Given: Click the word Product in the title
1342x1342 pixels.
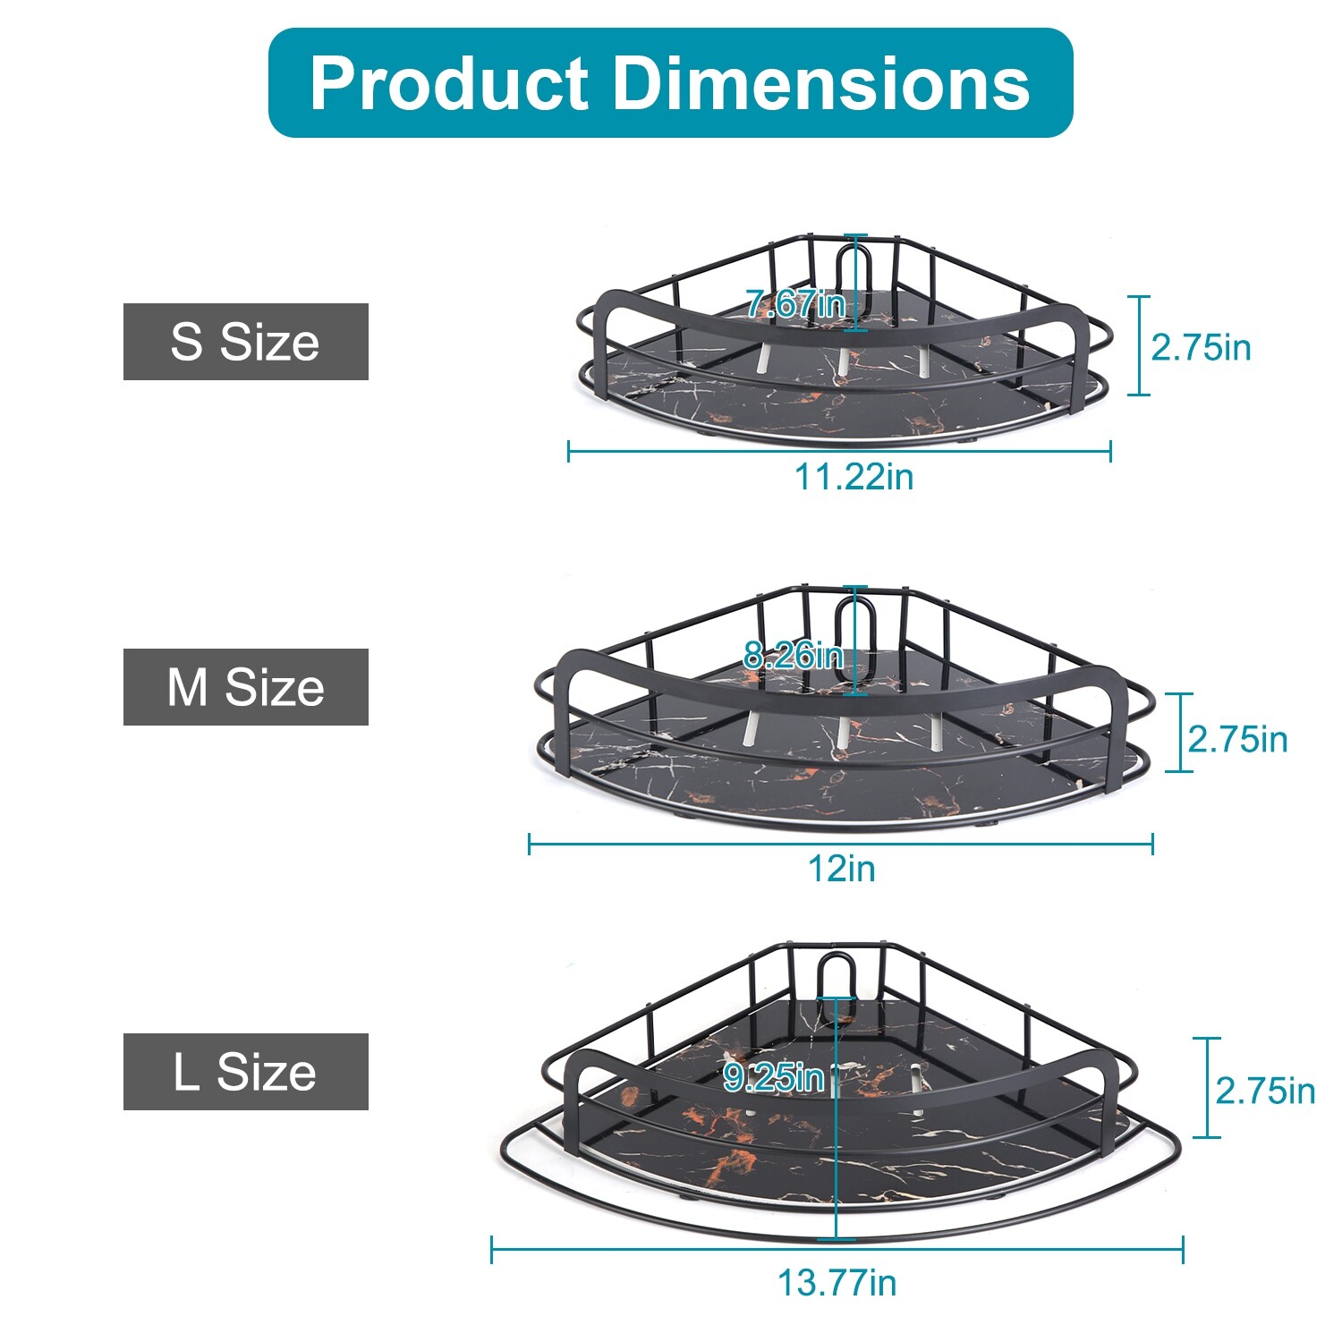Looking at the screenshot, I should pyautogui.click(x=448, y=83).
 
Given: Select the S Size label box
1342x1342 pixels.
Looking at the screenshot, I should pyautogui.click(x=245, y=342).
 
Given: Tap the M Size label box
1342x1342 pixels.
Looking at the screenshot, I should pyautogui.click(x=245, y=687).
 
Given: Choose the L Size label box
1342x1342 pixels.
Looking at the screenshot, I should pyautogui.click(x=245, y=1072).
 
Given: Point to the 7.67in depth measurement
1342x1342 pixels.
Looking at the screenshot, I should pyautogui.click(x=795, y=304).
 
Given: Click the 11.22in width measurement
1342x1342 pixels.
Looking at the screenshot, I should pyautogui.click(x=854, y=477).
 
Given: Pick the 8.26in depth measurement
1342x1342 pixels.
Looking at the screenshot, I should pyautogui.click(x=794, y=656).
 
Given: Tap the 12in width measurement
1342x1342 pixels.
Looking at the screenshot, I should pyautogui.click(x=841, y=869).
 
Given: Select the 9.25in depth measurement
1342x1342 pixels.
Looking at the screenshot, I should pyautogui.click(x=773, y=1078).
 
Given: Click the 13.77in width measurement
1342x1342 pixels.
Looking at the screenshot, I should pyautogui.click(x=837, y=1283).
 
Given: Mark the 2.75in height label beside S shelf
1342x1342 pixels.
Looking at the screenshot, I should pyautogui.click(x=1201, y=347).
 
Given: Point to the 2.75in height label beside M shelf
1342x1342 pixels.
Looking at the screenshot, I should pyautogui.click(x=1237, y=740).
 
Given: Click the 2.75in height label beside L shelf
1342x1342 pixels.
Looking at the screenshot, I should pyautogui.click(x=1265, y=1091).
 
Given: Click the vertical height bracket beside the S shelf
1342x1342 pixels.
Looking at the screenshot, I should pyautogui.click(x=1139, y=345).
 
